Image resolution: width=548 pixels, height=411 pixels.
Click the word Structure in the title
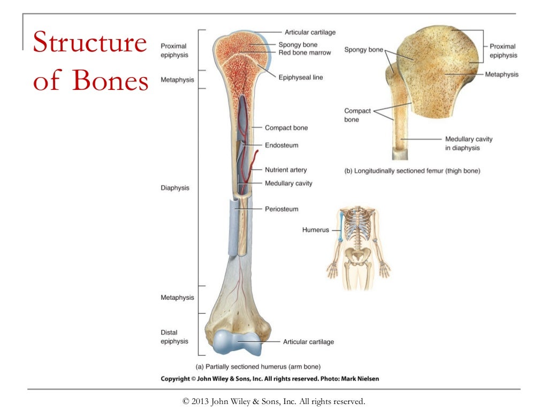coord(89,43)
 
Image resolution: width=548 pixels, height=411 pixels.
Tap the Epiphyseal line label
coord(300,78)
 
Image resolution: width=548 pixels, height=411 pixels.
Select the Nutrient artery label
coord(286,170)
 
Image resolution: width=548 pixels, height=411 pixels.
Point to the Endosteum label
coord(281,145)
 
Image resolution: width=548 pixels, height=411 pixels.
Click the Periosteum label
coord(281,209)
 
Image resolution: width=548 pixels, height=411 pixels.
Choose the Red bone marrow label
coord(305,52)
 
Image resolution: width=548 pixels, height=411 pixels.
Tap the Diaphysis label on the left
coord(174,188)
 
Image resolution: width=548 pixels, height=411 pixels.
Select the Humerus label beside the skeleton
coord(315,230)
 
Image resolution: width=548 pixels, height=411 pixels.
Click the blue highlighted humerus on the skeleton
coord(340,227)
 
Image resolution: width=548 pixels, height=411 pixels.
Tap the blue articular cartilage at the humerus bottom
coord(235,343)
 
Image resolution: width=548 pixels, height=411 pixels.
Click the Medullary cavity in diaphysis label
coord(469,143)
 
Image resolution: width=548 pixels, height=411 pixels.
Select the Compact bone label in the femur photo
coord(357,115)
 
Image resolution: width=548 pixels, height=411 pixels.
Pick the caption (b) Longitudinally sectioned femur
coord(412,171)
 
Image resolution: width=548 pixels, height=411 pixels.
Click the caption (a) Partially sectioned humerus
coord(258,367)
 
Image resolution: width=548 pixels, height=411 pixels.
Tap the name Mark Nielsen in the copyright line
coord(360,379)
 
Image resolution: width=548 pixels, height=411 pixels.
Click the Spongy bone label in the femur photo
coord(363,50)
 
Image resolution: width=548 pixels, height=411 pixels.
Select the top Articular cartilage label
coord(310,33)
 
